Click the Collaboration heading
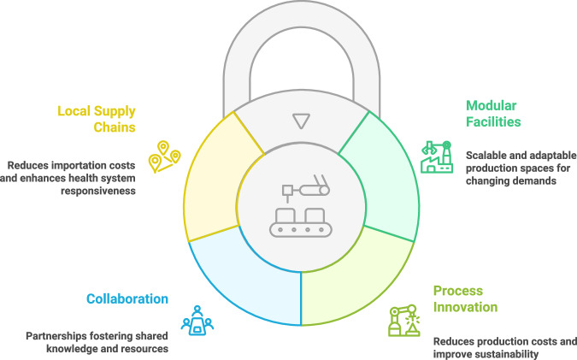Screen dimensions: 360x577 point(126,299)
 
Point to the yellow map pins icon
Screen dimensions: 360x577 point(165,156)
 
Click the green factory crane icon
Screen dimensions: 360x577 point(437,160)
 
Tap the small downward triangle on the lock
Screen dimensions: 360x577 point(299,121)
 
